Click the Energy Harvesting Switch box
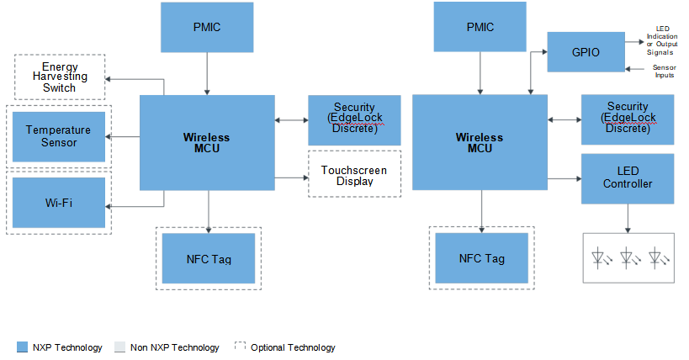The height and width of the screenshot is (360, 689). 60,77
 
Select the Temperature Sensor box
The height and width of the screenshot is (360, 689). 59,137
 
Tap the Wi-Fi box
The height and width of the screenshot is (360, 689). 59,203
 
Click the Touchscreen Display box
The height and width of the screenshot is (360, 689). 355,174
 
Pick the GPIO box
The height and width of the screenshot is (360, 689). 586,52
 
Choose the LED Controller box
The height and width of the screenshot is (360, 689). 628,178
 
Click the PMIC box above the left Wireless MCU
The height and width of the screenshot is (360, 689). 207,27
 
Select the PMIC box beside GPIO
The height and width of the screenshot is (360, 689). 480,27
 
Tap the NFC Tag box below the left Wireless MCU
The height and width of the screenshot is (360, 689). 209,258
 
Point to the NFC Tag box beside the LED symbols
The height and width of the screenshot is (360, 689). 481,258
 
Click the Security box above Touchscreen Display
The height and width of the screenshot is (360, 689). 355,120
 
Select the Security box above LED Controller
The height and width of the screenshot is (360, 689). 628,119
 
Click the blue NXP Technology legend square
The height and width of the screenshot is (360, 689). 22,347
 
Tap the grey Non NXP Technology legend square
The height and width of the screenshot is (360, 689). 120,347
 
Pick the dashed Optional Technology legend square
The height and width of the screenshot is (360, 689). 241,347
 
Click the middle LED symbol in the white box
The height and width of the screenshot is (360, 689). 629,257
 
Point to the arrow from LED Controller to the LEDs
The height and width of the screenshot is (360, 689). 628,218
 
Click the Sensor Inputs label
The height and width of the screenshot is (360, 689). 664,71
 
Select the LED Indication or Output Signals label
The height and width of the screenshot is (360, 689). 662,40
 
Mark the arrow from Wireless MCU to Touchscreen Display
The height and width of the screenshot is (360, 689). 292,177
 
